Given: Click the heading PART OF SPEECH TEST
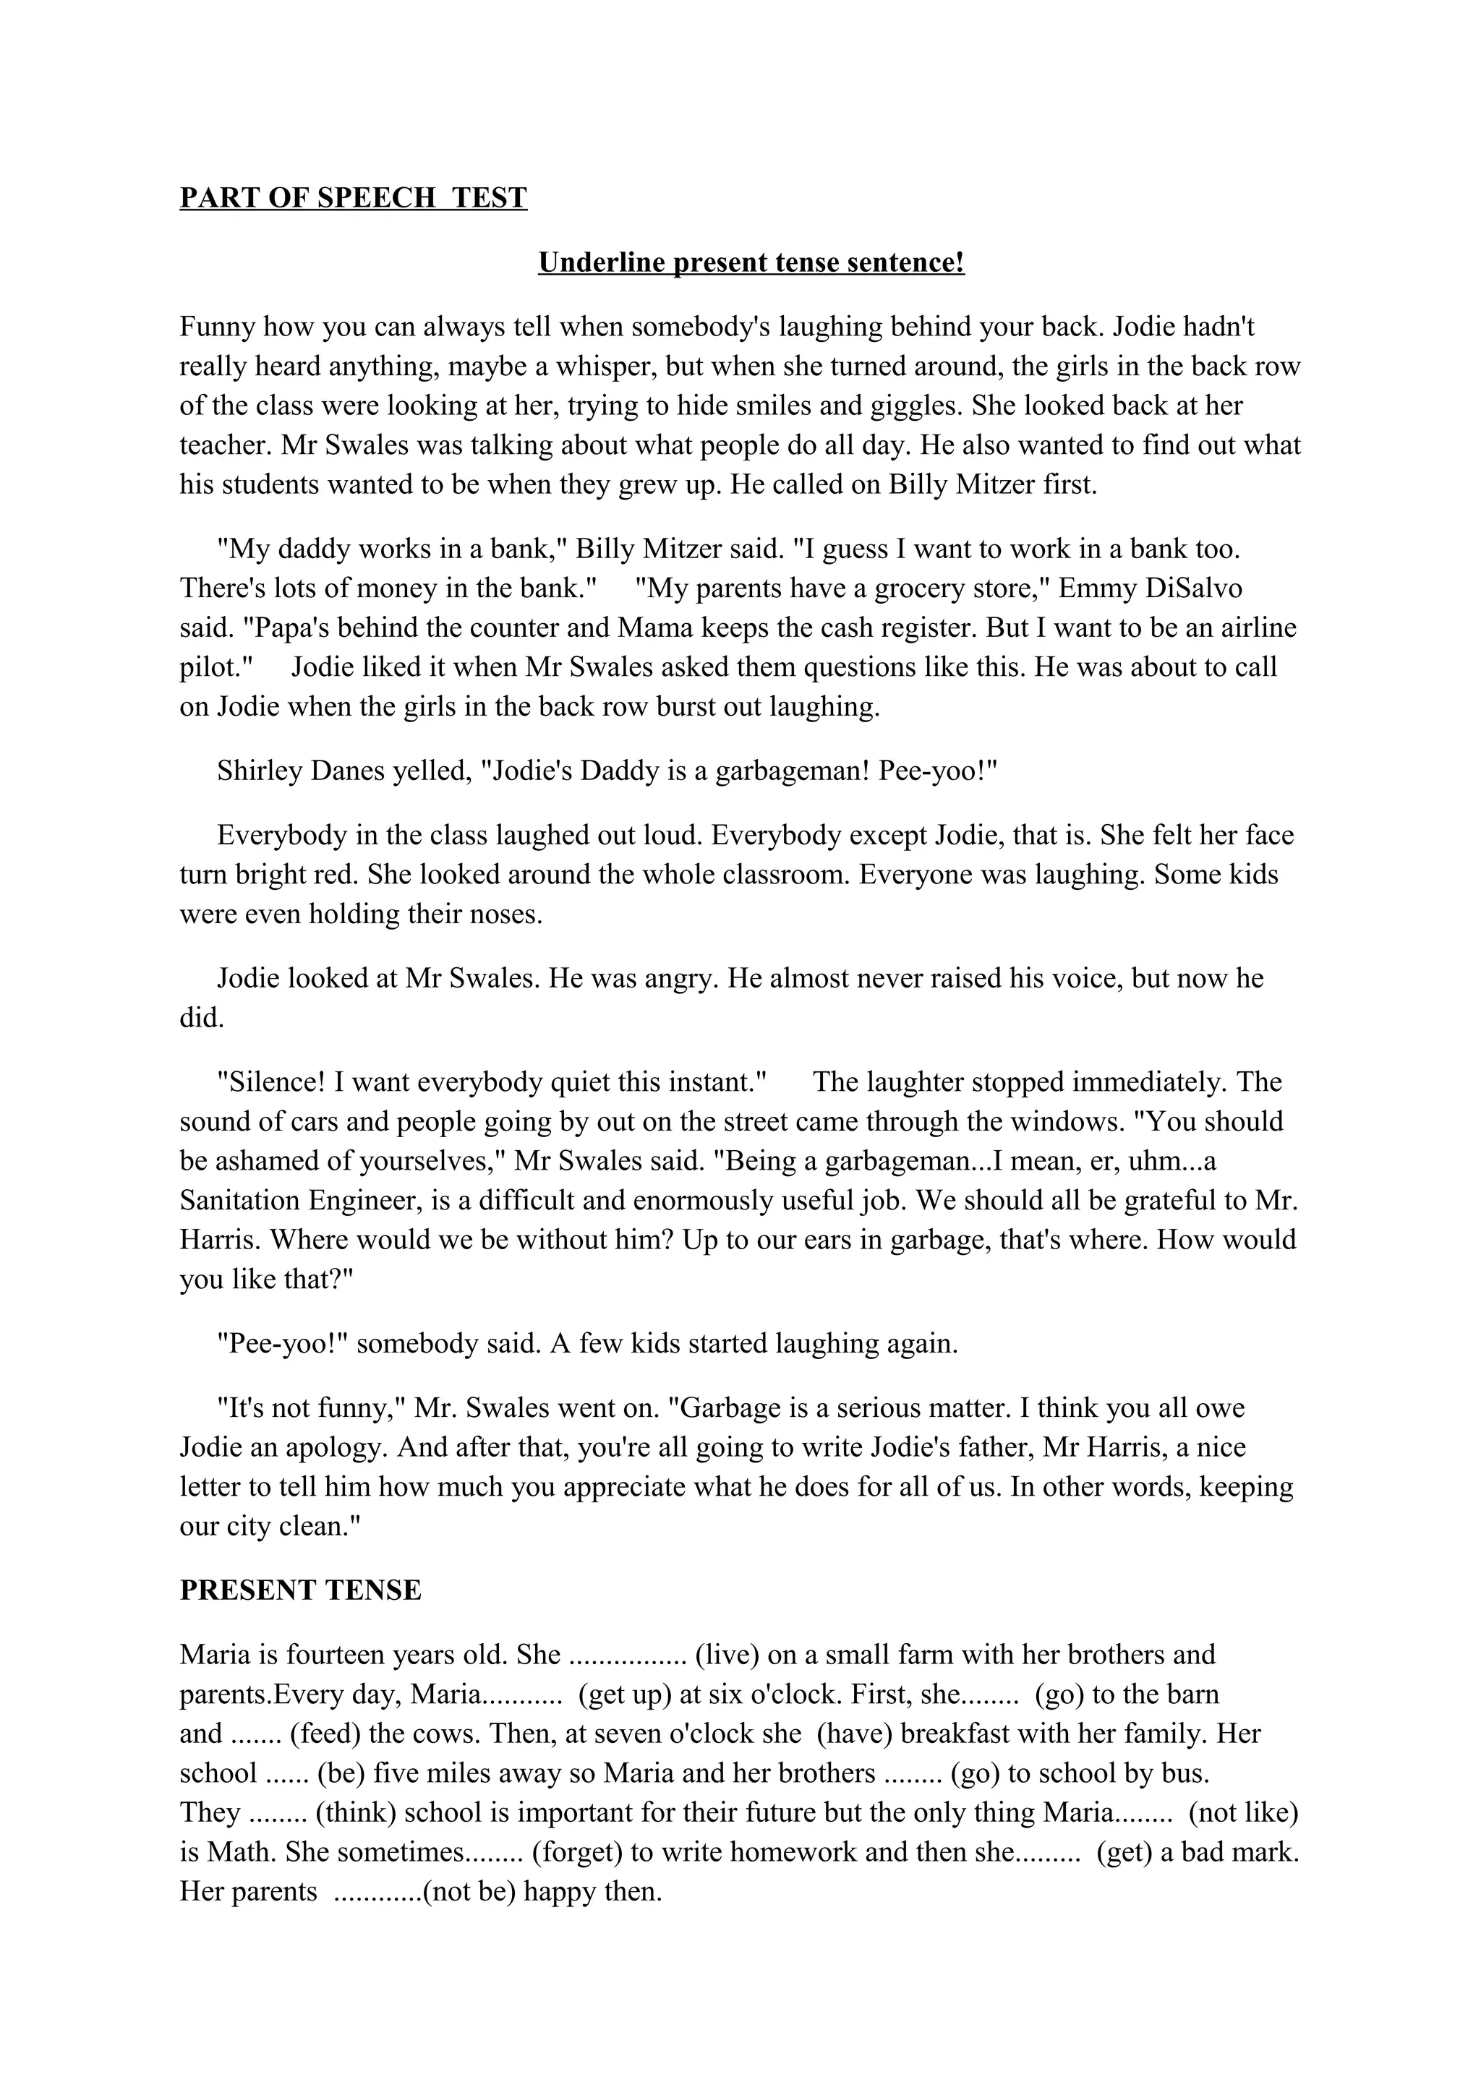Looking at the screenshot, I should [x=353, y=198].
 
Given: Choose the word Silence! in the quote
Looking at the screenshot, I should [x=271, y=1082].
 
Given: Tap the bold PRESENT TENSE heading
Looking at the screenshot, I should [x=300, y=1590].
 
